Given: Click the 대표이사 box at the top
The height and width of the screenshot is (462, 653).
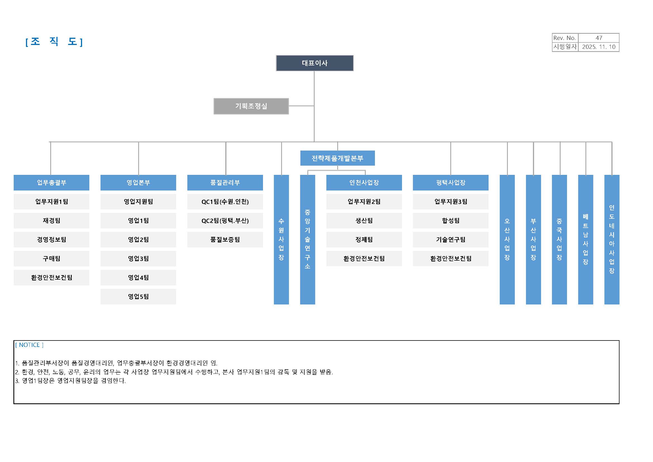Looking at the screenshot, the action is click(315, 63).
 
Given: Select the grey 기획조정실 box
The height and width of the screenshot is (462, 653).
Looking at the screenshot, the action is click(251, 106).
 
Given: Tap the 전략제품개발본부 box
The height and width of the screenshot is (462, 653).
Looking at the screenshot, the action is click(338, 158).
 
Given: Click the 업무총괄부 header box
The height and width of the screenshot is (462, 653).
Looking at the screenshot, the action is click(51, 183).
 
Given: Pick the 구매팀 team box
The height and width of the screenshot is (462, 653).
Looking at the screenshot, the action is click(51, 259).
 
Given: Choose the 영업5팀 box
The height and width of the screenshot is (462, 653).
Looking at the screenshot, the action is click(138, 297).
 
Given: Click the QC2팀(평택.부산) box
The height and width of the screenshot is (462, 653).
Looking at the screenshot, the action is click(225, 221).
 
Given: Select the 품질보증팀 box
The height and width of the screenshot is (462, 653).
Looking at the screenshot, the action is click(225, 240).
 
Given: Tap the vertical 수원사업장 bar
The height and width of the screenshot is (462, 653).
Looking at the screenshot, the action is click(281, 240).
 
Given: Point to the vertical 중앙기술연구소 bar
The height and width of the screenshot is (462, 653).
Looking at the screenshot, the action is click(307, 240).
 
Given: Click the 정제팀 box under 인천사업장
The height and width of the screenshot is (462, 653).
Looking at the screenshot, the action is click(364, 240).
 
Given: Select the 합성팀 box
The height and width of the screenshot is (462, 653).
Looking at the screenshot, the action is click(451, 221).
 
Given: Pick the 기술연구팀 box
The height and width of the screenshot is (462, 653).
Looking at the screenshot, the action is click(451, 240).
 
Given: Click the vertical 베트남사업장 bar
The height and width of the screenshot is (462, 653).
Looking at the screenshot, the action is click(586, 240).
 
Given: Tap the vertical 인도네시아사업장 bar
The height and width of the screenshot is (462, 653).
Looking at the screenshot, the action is click(612, 240).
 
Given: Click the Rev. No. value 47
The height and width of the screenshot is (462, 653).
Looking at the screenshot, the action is click(599, 38).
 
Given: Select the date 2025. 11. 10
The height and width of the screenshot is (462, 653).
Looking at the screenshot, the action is click(599, 47).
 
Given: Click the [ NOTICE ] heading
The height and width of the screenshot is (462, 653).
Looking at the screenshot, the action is click(29, 345).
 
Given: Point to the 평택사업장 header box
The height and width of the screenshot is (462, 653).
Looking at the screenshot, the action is click(451, 183).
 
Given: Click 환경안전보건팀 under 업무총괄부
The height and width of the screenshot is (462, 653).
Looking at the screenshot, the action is click(51, 278).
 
